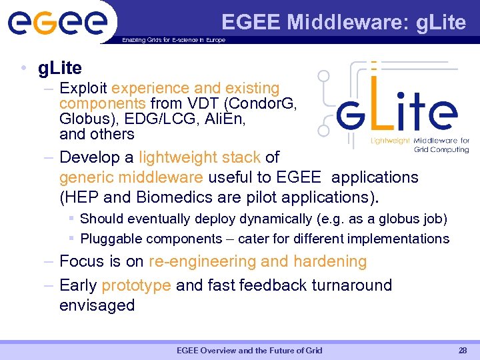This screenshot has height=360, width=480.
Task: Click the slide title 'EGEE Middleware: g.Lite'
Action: click(343, 22)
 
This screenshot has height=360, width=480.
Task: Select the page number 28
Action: click(463, 351)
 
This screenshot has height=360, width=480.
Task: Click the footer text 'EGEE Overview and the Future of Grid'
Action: click(249, 351)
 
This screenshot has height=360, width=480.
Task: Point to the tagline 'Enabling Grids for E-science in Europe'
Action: click(173, 40)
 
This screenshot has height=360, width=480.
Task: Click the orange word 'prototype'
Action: click(136, 285)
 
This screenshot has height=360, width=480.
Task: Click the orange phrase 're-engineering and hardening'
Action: click(257, 261)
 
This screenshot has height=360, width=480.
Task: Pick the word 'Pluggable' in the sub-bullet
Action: click(111, 239)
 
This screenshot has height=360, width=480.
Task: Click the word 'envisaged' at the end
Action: click(97, 305)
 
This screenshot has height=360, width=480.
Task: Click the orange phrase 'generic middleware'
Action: click(131, 177)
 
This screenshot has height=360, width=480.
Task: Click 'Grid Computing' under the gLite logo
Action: click(441, 150)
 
